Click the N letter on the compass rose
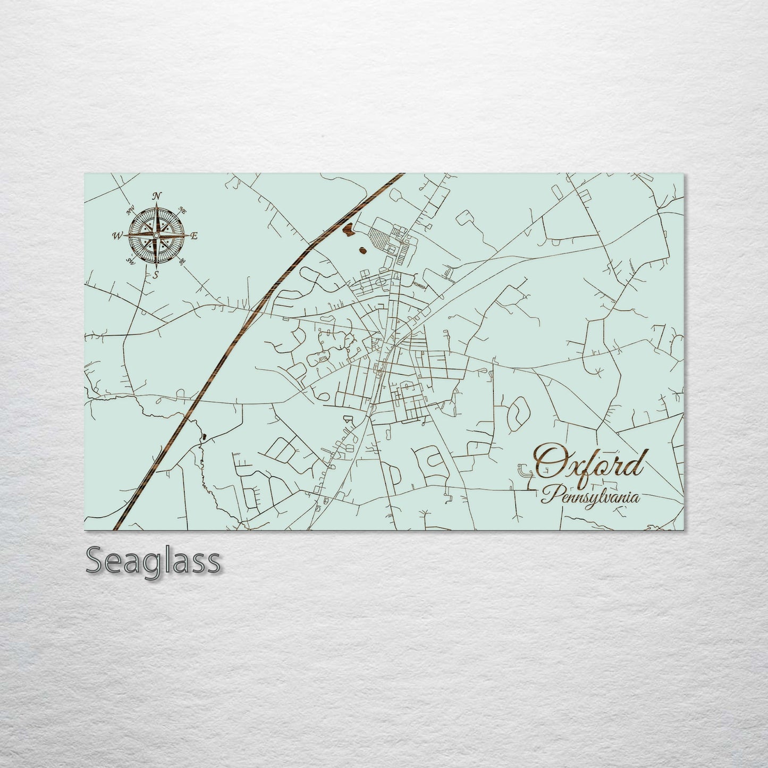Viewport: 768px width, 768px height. [157, 196]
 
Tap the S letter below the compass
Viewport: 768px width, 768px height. [156, 275]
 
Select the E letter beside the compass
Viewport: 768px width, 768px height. [194, 236]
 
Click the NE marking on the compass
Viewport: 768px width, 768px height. [183, 209]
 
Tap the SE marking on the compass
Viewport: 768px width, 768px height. [182, 261]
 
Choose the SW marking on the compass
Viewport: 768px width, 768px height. [130, 260]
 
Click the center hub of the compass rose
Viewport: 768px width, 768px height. [156, 235]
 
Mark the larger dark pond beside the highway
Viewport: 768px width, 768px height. [349, 230]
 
